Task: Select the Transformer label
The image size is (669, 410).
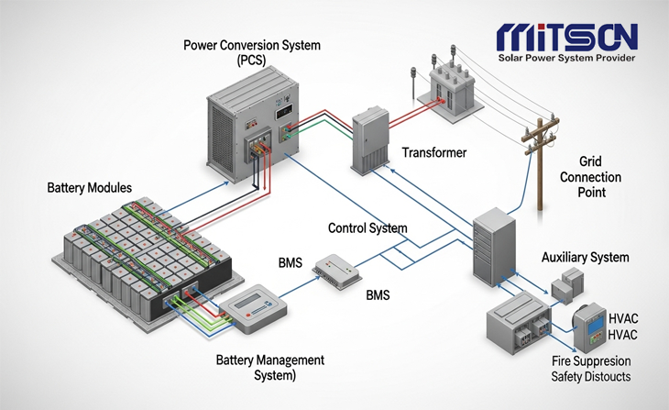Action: [434, 153]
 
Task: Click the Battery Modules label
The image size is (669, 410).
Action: [89, 187]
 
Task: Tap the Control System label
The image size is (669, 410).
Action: [367, 227]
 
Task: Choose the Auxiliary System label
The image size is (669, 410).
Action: [586, 258]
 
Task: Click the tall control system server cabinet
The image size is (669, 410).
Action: [492, 246]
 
